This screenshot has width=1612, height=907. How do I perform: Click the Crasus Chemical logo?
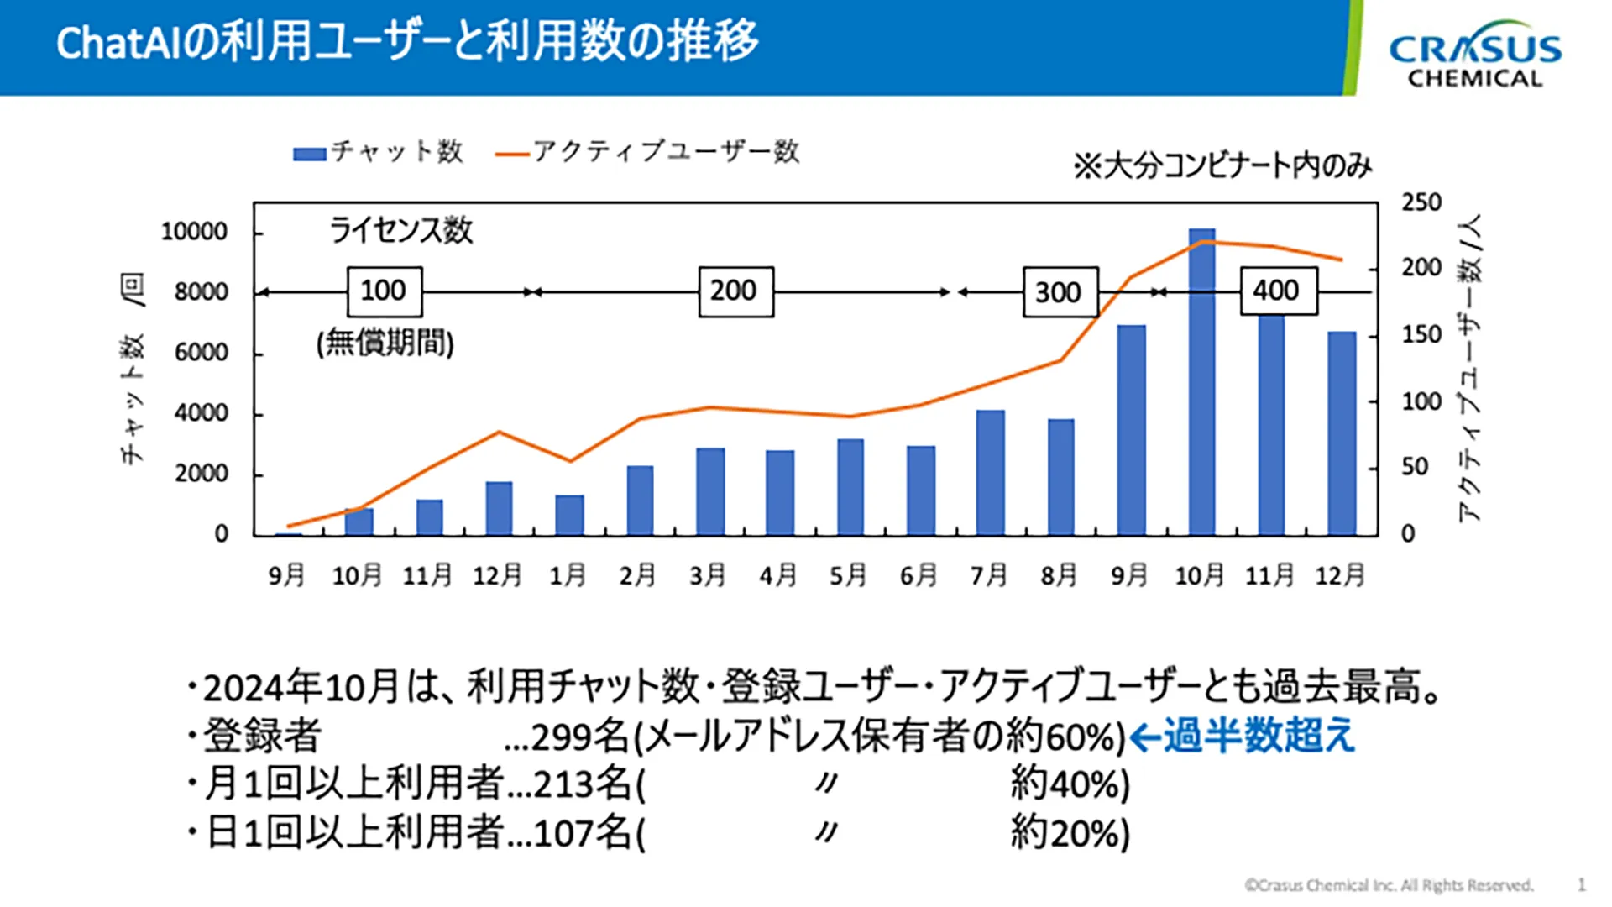[x=1475, y=55]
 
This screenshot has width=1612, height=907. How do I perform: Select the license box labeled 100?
[x=385, y=291]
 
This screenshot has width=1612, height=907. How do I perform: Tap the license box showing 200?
[x=735, y=291]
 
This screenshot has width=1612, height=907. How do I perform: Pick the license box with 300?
[x=1060, y=292]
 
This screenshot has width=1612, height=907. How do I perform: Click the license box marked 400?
[x=1278, y=291]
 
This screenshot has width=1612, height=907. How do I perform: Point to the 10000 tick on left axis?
[x=194, y=232]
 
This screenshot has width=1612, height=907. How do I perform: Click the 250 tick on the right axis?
[x=1421, y=202]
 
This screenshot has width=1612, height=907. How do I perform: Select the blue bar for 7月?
[x=991, y=472]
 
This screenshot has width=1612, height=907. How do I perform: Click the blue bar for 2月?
[x=640, y=500]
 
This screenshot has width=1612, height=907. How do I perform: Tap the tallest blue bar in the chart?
[x=1201, y=381]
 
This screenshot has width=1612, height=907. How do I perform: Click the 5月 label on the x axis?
[x=848, y=575]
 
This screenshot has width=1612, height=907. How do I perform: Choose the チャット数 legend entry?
[x=379, y=152]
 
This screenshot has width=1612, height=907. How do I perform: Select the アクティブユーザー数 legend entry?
[x=647, y=152]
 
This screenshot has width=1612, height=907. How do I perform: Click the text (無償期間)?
[x=385, y=343]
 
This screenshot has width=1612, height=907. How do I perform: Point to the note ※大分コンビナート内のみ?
[x=1222, y=165]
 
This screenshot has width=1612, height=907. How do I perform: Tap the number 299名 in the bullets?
[x=580, y=737]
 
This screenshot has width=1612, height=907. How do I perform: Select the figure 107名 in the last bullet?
[x=582, y=834]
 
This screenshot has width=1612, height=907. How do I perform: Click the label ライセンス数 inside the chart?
[x=401, y=230]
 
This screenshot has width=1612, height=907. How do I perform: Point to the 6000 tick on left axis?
[x=201, y=353]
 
